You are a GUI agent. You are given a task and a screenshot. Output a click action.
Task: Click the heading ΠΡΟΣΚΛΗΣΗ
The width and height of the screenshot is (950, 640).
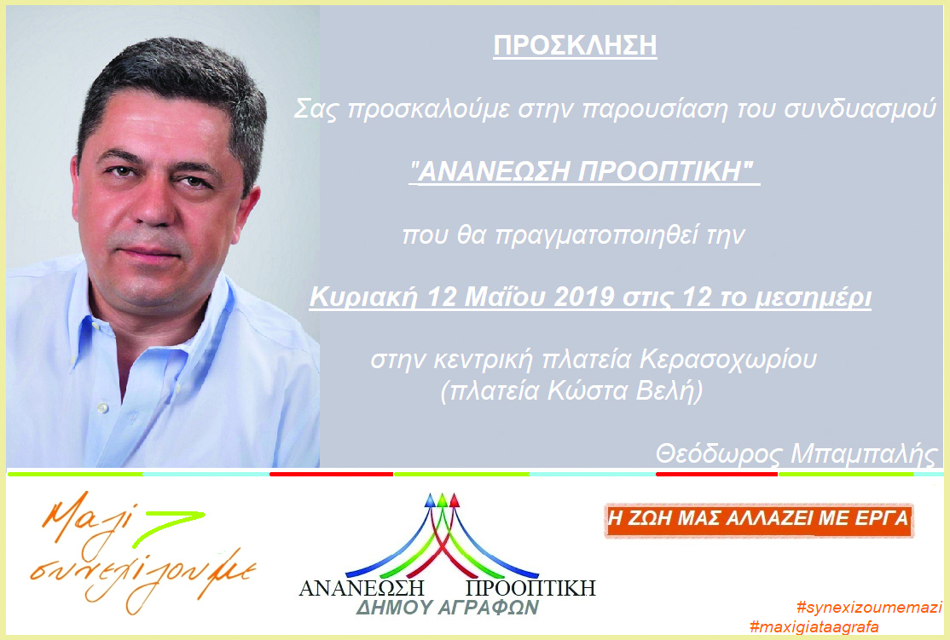pos(575,46)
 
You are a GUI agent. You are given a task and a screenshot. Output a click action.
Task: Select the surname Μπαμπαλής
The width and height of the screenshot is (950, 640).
pos(865,453)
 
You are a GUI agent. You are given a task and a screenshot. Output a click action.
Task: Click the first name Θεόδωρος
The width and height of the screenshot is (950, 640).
pos(719,453)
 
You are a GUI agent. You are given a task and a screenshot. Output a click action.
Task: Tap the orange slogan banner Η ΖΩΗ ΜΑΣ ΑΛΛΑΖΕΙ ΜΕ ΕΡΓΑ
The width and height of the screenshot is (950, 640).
pos(758,519)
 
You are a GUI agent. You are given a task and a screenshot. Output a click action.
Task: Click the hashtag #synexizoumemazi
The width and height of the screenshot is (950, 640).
pos(870,608)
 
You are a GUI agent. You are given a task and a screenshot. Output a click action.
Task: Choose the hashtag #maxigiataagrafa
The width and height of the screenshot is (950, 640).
pos(814,626)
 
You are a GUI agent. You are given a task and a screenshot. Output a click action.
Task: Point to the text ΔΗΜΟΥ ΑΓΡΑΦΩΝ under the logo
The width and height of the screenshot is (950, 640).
pos(447,608)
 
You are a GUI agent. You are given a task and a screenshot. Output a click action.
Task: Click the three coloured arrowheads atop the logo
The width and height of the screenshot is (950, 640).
pos(443,500)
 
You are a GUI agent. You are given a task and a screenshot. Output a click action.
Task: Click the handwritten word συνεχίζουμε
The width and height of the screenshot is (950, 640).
pos(143,576)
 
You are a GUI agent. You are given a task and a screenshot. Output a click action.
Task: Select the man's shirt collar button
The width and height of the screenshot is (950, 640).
pos(102,409)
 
